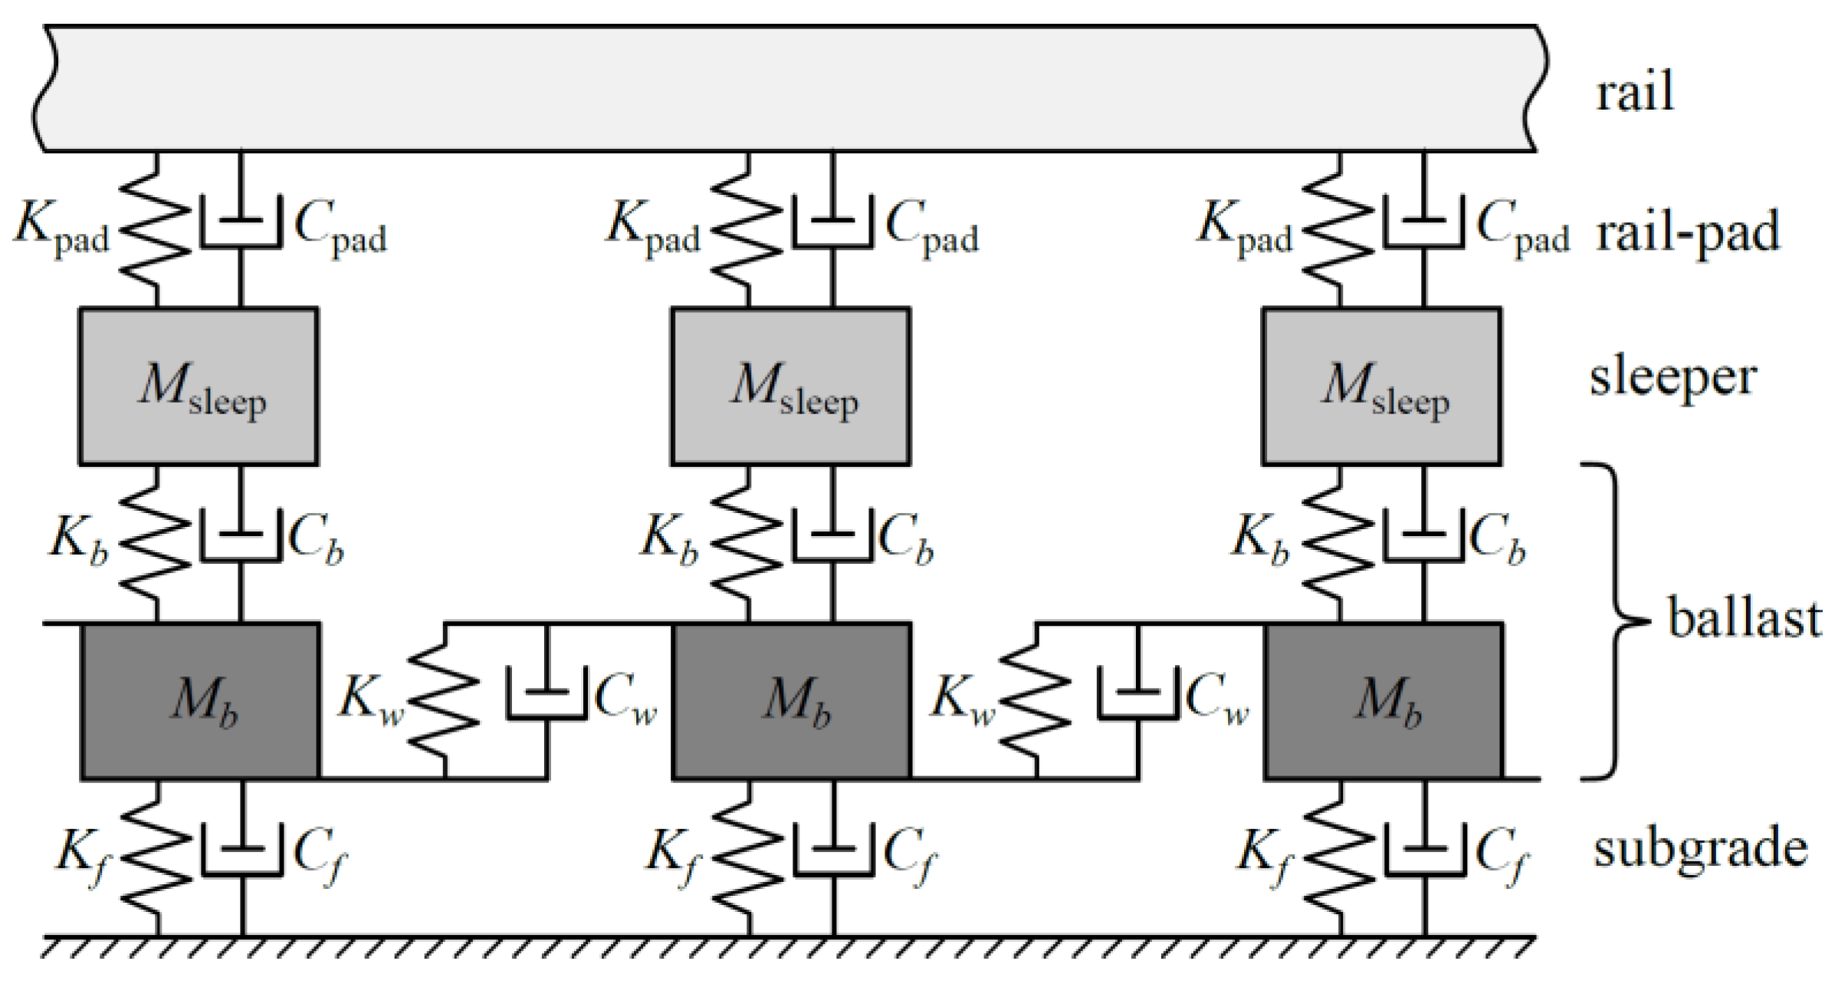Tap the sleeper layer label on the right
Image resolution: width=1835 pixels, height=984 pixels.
pos(1673,378)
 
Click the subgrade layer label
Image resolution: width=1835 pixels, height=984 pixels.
pos(1701,850)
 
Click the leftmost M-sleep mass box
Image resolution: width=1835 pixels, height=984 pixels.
pos(199,387)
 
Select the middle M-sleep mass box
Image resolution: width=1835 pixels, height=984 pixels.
pos(790,387)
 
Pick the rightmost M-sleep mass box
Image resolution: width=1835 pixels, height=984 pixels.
pos(1381,387)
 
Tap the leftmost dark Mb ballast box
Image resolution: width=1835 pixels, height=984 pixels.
pos(200,701)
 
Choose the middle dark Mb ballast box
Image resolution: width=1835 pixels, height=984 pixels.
pos(792,701)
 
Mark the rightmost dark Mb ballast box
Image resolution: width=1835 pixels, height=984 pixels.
pos(1383,701)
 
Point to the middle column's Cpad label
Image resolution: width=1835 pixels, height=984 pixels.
pos(931,228)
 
